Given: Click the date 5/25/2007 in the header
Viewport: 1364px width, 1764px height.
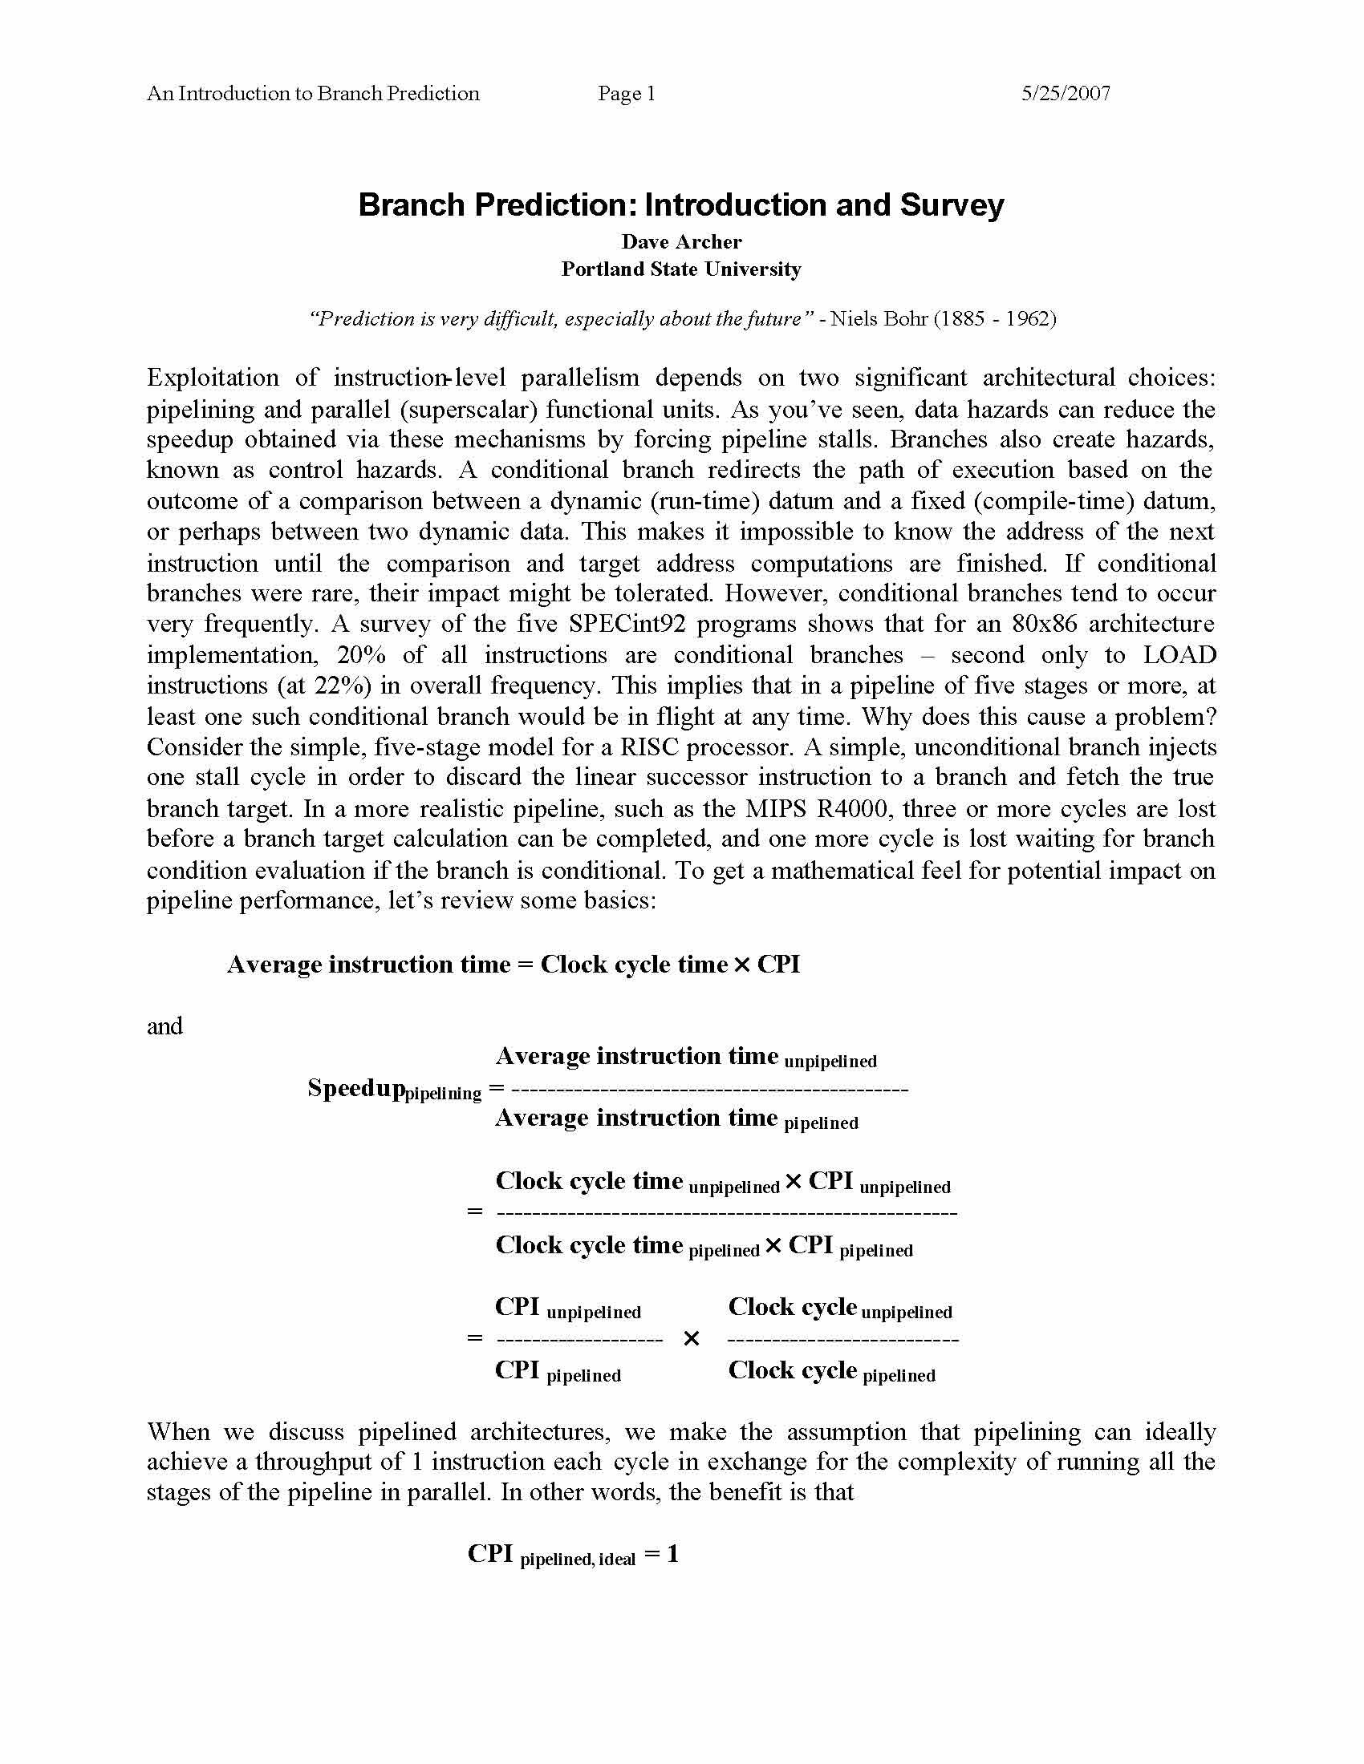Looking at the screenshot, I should (x=1065, y=94).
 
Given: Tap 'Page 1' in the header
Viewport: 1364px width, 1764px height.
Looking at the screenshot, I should (x=627, y=94).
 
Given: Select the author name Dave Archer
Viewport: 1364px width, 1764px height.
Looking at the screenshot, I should (x=681, y=241).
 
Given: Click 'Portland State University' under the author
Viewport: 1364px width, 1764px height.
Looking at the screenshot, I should (x=681, y=269).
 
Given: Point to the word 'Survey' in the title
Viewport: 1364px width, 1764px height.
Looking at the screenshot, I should (x=951, y=205).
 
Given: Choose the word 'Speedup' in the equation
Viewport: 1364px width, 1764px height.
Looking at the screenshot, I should (x=355, y=1088).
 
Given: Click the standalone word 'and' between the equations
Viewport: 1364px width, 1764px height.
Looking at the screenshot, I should (x=164, y=1026).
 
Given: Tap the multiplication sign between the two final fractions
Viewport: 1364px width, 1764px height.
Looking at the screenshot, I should (x=691, y=1339).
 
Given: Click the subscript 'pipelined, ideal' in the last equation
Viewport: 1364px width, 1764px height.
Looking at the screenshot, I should (x=577, y=1560).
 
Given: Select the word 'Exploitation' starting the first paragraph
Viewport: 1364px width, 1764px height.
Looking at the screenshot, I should (x=213, y=378).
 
